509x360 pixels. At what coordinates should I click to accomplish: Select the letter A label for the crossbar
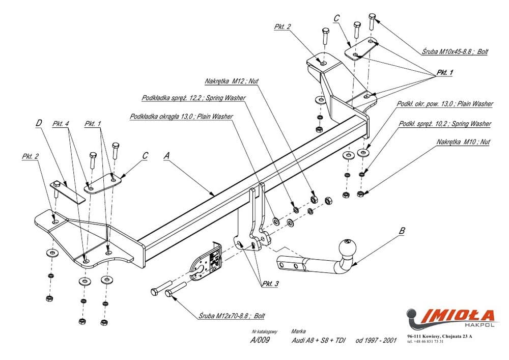tap(166, 156)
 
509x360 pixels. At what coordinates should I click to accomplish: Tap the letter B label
tap(402, 231)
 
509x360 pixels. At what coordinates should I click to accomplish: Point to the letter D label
tap(39, 123)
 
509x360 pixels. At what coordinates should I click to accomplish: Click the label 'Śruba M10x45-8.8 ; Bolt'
tap(455, 51)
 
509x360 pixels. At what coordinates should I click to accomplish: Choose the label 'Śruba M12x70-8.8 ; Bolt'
tap(232, 316)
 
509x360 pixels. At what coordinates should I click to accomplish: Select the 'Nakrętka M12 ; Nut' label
tap(232, 81)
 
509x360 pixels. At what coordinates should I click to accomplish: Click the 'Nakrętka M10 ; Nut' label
tap(463, 142)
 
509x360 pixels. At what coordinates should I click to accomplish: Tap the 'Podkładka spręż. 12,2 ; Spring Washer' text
tap(193, 98)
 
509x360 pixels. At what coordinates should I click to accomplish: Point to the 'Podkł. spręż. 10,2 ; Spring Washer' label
tap(445, 124)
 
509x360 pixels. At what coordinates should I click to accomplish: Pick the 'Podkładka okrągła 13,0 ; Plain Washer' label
tap(181, 116)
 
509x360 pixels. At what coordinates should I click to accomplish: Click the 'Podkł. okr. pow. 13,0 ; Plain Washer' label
tap(445, 104)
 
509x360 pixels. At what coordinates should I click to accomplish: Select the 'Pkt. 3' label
tap(270, 284)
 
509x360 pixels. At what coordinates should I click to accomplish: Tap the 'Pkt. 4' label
tap(61, 124)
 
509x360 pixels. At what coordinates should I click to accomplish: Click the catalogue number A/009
tap(260, 340)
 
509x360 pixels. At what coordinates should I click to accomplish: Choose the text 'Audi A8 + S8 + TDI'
tap(318, 340)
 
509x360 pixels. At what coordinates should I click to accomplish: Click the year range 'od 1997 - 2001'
tap(376, 340)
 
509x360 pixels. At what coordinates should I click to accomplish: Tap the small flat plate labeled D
tap(68, 191)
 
